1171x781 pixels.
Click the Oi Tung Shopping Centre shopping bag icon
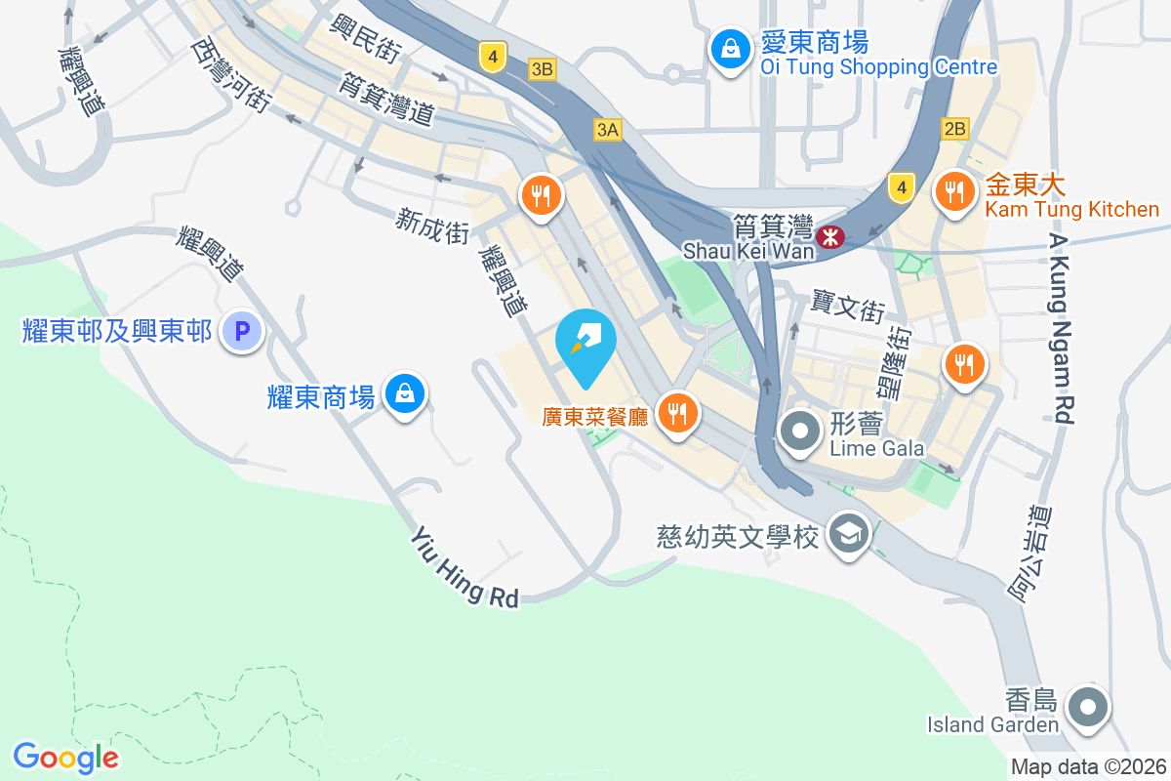(728, 50)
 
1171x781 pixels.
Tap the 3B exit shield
(542, 69)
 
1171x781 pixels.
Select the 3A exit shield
(607, 129)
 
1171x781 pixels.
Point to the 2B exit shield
(954, 128)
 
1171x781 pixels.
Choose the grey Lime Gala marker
(800, 431)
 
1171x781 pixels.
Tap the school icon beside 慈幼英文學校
(848, 535)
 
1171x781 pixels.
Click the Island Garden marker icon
(1088, 707)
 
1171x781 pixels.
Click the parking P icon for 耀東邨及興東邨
(241, 332)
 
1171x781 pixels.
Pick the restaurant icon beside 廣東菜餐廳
(675, 413)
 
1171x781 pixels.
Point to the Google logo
(65, 758)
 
